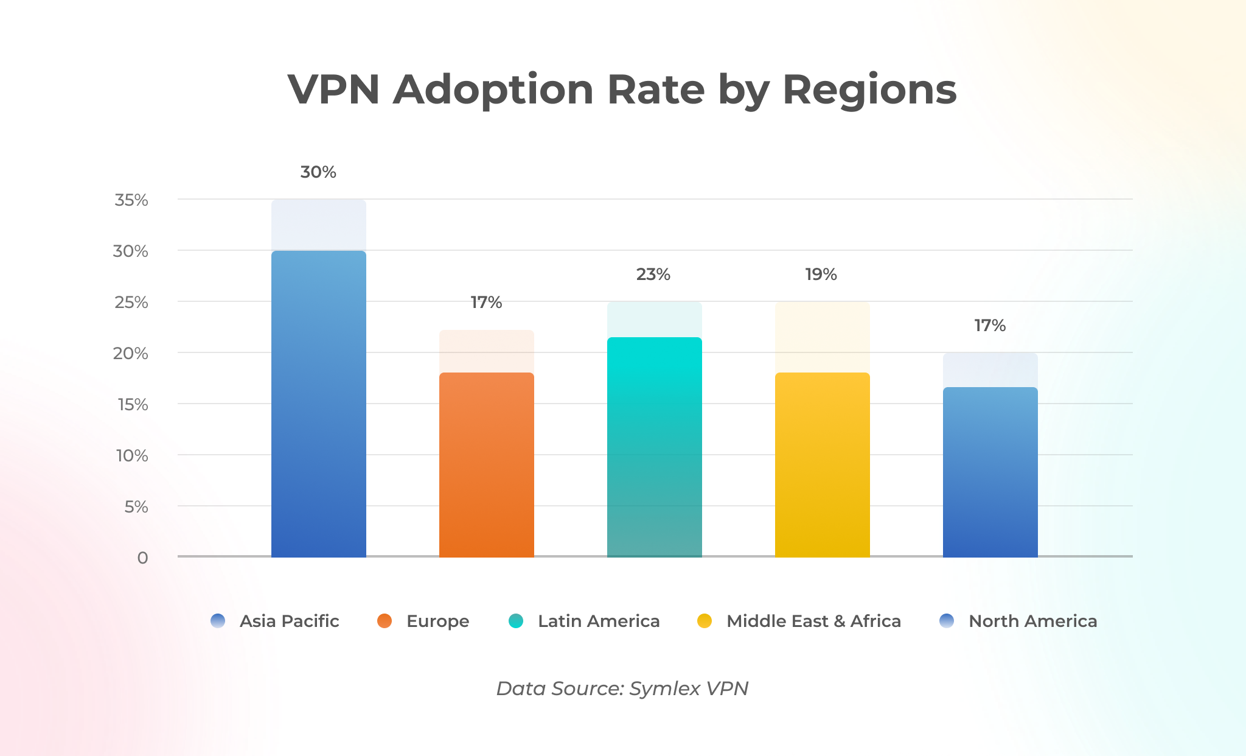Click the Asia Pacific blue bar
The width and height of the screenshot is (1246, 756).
[318, 404]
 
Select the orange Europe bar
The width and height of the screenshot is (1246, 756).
[486, 465]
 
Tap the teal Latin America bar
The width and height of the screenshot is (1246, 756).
[654, 447]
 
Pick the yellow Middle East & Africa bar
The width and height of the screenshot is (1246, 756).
[822, 465]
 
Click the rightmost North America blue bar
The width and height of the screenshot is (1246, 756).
[990, 472]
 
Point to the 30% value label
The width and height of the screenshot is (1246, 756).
[318, 172]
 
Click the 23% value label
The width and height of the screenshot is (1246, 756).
[653, 275]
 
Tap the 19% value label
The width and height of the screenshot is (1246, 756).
[821, 275]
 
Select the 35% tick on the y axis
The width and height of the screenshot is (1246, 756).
[131, 200]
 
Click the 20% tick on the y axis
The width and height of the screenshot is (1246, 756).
[131, 354]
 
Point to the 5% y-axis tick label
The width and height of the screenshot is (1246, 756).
[136, 507]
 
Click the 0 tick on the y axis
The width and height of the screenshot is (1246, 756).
[142, 558]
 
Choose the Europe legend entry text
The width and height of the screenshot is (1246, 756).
[437, 621]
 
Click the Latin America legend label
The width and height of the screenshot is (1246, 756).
[599, 621]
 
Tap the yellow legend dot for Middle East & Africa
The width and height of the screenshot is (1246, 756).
[705, 621]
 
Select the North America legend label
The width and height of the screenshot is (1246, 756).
[1032, 621]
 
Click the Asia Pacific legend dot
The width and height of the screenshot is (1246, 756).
[218, 621]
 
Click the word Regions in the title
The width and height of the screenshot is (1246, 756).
[869, 89]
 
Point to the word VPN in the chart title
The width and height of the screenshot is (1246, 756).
[333, 89]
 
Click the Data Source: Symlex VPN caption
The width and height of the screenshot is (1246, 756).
[622, 688]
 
